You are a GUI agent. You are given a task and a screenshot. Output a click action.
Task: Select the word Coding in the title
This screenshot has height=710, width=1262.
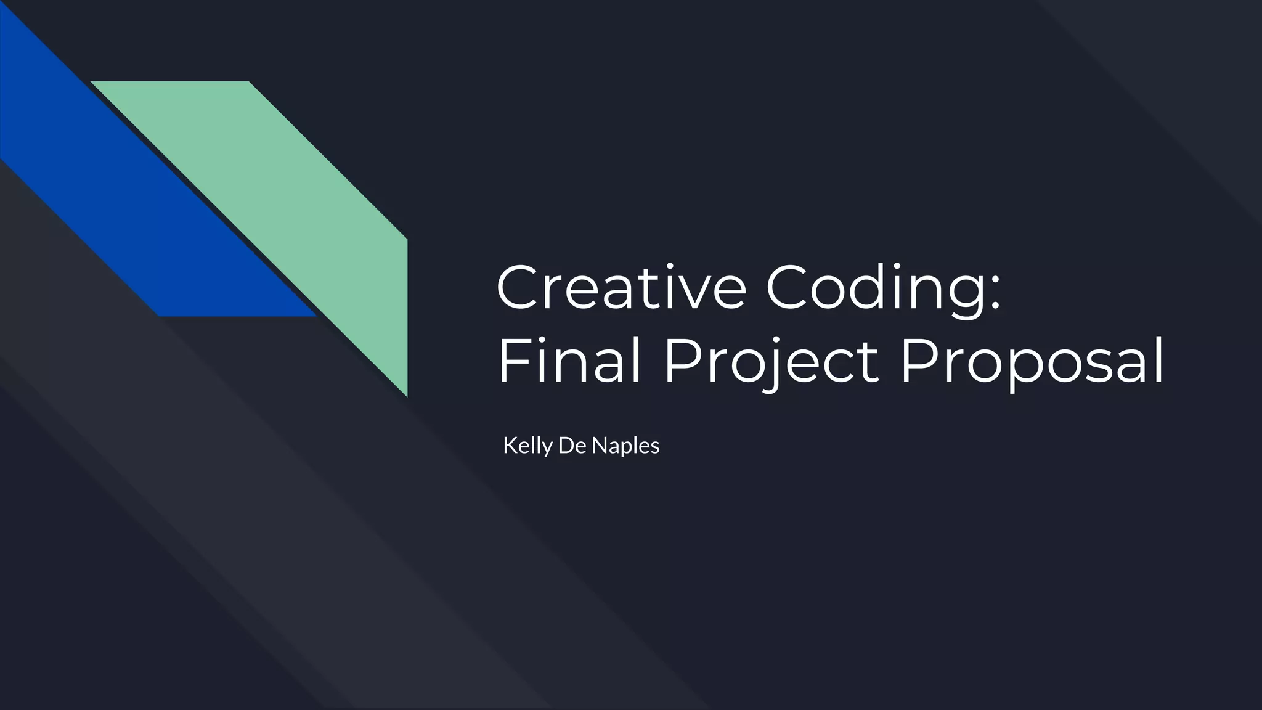[x=875, y=288]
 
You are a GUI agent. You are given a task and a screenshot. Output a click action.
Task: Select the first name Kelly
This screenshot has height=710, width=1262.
[x=527, y=446]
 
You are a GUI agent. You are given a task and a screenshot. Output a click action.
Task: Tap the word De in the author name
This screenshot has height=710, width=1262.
[x=571, y=446]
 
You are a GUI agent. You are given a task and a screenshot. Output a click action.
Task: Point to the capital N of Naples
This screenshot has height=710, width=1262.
[x=598, y=446]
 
